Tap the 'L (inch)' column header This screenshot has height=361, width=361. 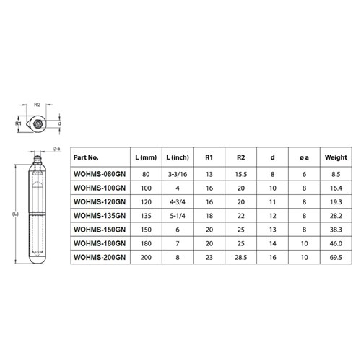tap(178, 157)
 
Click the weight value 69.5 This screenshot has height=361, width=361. tap(336, 256)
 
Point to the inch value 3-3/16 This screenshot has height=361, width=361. tap(178, 173)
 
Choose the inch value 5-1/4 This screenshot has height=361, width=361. tap(178, 214)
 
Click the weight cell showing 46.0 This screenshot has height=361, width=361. tap(336, 242)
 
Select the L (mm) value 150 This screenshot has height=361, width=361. tap(147, 228)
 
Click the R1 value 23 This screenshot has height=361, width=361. tap(209, 256)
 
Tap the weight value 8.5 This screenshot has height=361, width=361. tap(336, 173)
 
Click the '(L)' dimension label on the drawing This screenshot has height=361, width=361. tap(15, 214)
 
